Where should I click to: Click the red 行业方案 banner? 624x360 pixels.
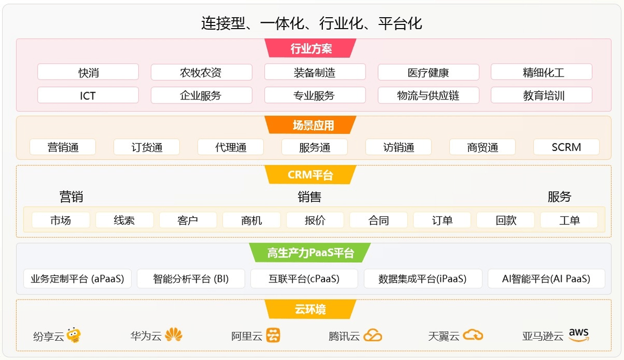click(310, 48)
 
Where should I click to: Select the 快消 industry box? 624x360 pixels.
click(88, 72)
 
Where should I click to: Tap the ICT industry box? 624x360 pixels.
click(88, 95)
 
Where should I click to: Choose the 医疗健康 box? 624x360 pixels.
click(428, 72)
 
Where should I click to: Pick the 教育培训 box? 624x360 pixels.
click(541, 95)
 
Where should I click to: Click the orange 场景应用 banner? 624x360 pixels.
click(310, 125)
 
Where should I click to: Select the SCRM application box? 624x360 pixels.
click(566, 147)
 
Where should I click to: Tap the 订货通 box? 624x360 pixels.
click(147, 147)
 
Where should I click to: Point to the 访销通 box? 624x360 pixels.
click(399, 147)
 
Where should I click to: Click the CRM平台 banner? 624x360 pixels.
click(310, 175)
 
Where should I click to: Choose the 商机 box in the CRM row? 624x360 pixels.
click(252, 220)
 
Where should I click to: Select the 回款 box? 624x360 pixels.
click(505, 220)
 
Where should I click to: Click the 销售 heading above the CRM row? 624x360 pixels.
click(309, 197)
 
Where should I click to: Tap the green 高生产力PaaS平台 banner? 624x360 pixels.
click(310, 253)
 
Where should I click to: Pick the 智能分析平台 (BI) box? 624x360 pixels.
click(191, 278)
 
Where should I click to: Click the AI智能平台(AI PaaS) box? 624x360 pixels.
click(547, 278)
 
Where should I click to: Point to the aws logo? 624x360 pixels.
click(579, 335)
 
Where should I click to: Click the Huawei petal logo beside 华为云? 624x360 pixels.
click(174, 335)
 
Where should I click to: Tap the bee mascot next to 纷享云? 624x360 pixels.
click(73, 335)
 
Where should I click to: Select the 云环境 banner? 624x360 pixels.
click(310, 309)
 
